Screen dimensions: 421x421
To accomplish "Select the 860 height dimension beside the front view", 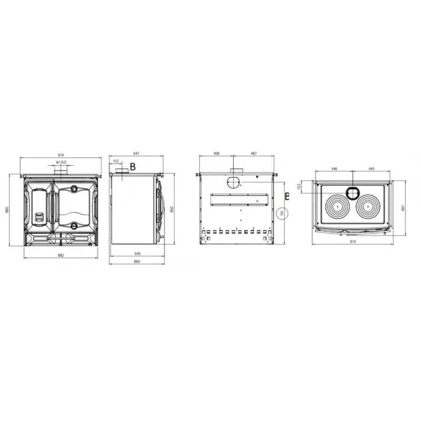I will pyautogui.click(x=7, y=209).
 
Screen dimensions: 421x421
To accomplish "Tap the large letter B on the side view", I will pyautogui.click(x=133, y=167).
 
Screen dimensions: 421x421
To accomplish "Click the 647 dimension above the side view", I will pyautogui.click(x=136, y=153).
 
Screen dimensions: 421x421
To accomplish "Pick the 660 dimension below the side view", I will pyautogui.click(x=136, y=262).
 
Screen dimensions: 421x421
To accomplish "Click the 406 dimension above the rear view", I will pyautogui.click(x=217, y=153).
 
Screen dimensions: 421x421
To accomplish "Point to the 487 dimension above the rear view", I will pyautogui.click(x=254, y=153).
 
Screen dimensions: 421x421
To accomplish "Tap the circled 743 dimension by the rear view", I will pyautogui.click(x=282, y=214).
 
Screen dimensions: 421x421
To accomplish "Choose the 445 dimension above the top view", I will pyautogui.click(x=372, y=169).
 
